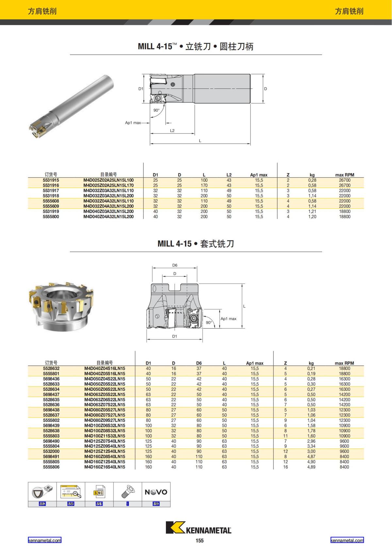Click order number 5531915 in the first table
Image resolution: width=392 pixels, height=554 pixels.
(x=51, y=180)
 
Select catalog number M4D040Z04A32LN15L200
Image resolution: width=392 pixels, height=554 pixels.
(x=108, y=217)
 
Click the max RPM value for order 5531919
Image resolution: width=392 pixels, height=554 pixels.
(x=345, y=212)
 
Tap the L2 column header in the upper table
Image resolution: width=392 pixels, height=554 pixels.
(x=229, y=175)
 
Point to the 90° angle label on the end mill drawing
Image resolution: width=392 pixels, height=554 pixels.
(x=156, y=110)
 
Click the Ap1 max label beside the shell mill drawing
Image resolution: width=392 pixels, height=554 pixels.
(x=228, y=319)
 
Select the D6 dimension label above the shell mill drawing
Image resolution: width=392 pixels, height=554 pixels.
(x=175, y=265)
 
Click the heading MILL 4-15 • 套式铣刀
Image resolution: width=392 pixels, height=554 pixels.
(x=196, y=244)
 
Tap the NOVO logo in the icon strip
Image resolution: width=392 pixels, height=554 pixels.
(x=156, y=492)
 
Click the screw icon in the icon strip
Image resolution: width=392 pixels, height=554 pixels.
(x=127, y=491)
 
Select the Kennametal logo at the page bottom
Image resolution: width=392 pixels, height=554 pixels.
(x=199, y=528)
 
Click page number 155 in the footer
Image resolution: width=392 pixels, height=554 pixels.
(x=199, y=541)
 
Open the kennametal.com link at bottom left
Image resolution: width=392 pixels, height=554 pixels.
(x=44, y=540)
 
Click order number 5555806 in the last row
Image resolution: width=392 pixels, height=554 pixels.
(x=51, y=467)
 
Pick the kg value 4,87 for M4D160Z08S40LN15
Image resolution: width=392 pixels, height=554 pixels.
(x=311, y=457)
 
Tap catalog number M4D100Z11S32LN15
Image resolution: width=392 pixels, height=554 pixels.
(x=105, y=436)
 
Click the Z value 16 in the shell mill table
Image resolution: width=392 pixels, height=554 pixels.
(x=286, y=467)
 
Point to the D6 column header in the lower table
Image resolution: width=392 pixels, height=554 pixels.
(x=199, y=363)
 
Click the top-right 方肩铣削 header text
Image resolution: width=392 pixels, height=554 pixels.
(x=349, y=11)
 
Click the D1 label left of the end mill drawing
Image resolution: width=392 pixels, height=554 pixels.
(x=140, y=89)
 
